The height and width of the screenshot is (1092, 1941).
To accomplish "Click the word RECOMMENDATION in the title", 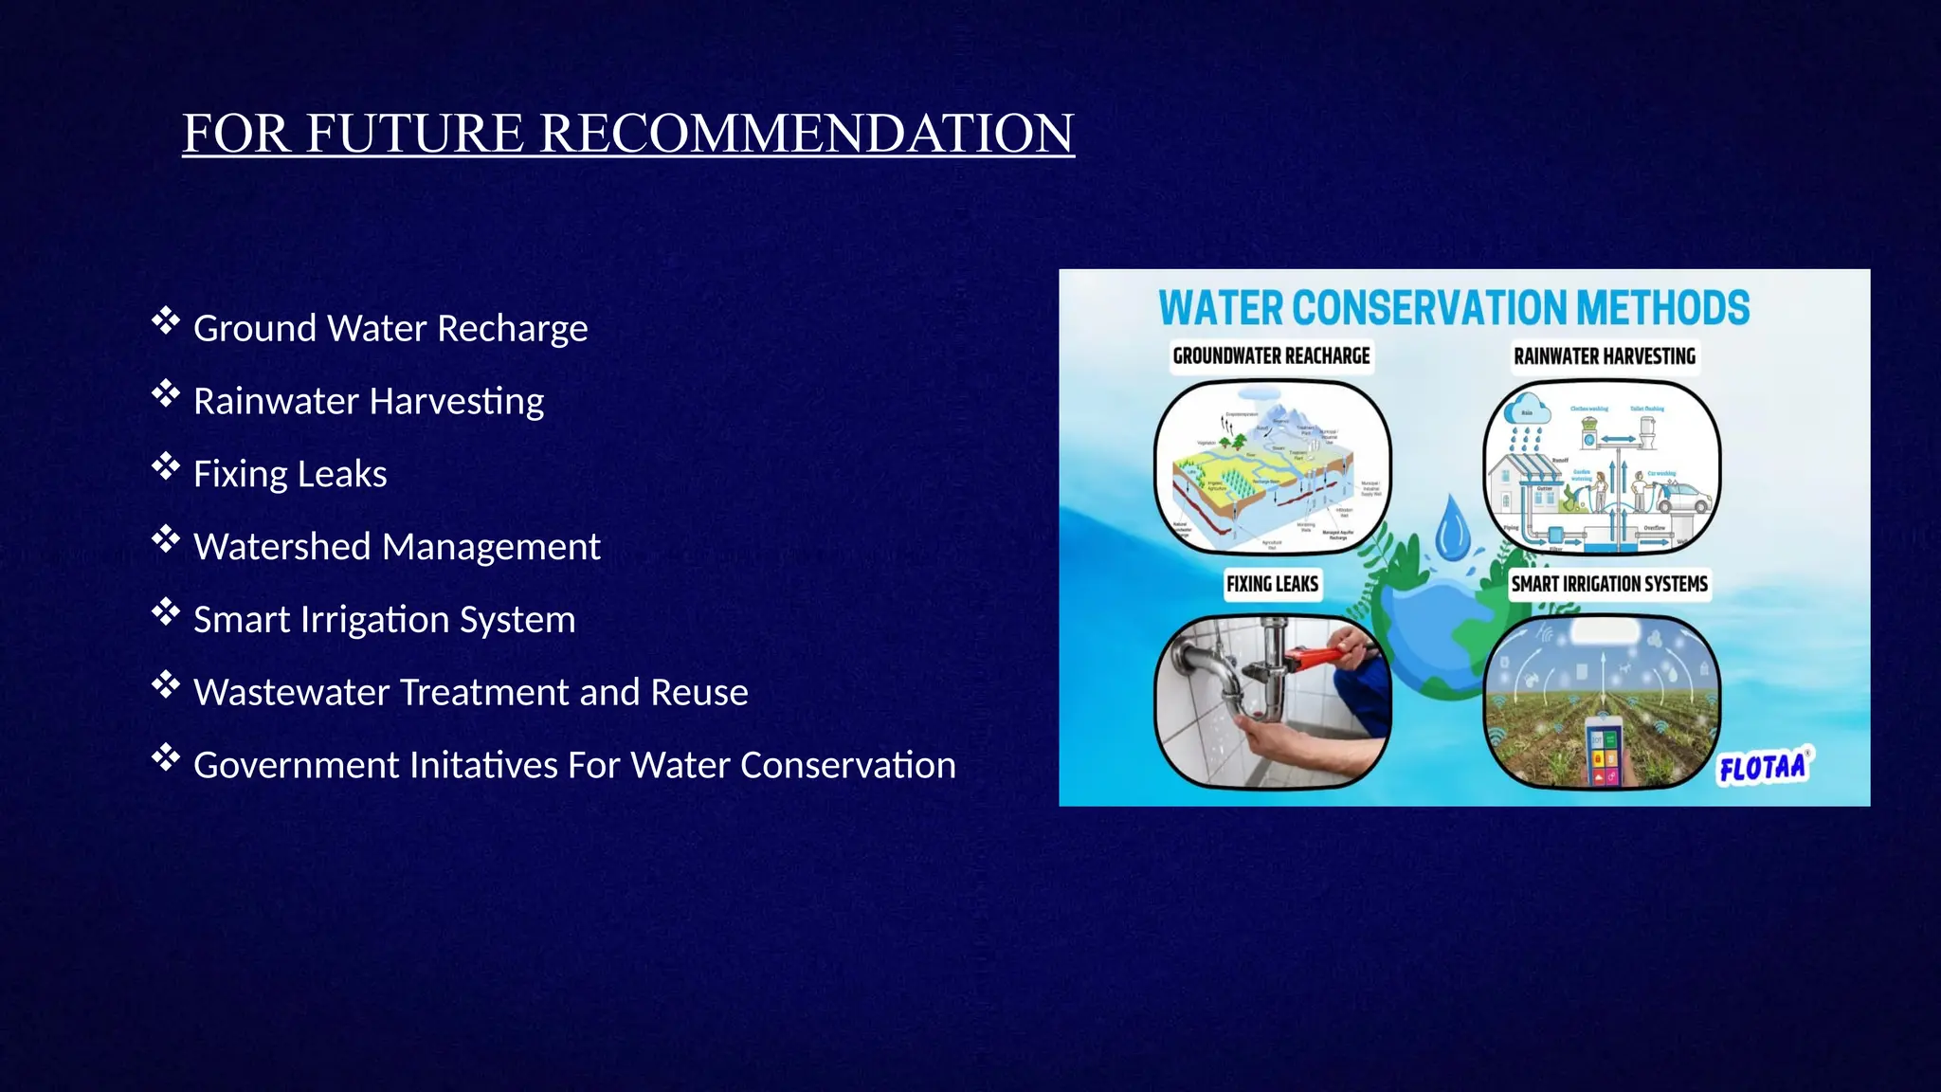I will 807,133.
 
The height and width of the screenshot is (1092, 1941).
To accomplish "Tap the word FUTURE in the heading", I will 413,133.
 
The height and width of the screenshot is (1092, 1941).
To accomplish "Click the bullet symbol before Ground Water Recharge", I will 165,321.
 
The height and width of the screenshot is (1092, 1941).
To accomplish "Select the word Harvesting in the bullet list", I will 456,401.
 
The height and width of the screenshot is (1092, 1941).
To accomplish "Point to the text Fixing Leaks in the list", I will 290,474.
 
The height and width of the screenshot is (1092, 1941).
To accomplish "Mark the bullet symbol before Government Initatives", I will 165,758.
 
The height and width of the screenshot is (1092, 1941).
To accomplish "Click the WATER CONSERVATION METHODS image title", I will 1454,309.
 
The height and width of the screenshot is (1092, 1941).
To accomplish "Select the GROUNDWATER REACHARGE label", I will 1271,356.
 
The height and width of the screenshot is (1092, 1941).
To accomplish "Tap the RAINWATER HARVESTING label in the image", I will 1604,356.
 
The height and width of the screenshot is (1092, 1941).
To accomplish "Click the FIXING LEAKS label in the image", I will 1272,584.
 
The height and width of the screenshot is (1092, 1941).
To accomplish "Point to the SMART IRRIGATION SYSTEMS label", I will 1608,584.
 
